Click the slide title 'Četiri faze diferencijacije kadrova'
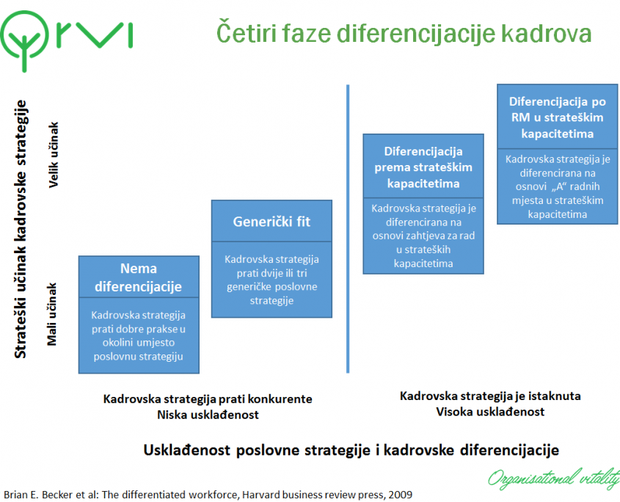404,34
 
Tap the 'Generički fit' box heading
271,221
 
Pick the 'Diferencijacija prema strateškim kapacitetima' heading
423,167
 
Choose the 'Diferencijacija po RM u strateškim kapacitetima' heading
557,117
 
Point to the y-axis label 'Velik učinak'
54,155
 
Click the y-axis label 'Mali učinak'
54,316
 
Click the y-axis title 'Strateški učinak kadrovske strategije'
21,228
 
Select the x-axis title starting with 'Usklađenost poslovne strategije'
351,449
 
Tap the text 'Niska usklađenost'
208,415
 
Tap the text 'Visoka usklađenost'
490,412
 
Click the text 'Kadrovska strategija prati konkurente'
208,399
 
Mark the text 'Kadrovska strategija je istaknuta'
490,396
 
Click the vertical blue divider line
347,228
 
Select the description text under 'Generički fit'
271,280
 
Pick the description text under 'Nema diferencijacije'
138,335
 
